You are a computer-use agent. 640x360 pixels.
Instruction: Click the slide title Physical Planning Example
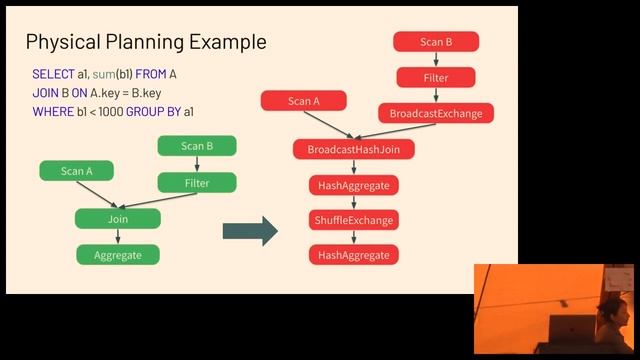pyautogui.click(x=146, y=42)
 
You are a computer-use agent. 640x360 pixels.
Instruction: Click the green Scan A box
pyautogui.click(x=77, y=171)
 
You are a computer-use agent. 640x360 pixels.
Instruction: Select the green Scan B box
pyautogui.click(x=197, y=146)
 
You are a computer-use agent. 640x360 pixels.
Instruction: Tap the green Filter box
pyautogui.click(x=197, y=183)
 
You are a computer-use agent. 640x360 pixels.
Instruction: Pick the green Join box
pyautogui.click(x=118, y=218)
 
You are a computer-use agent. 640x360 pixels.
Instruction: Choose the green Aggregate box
pyautogui.click(x=118, y=255)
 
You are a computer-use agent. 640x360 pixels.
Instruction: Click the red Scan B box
pyautogui.click(x=436, y=42)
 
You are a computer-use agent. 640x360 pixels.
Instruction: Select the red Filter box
pyautogui.click(x=436, y=77)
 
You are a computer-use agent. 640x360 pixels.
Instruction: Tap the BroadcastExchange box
pyautogui.click(x=436, y=113)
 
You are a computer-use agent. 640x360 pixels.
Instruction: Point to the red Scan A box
pyautogui.click(x=304, y=101)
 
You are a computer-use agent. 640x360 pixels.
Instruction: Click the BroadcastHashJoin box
pyautogui.click(x=354, y=149)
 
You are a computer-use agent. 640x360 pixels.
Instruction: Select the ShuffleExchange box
pyautogui.click(x=354, y=220)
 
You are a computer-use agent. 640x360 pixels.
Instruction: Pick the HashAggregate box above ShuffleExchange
pyautogui.click(x=354, y=185)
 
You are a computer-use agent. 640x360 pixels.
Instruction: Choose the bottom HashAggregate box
pyautogui.click(x=354, y=255)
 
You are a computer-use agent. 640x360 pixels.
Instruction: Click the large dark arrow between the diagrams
pyautogui.click(x=249, y=231)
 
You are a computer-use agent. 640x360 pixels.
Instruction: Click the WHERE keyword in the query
pyautogui.click(x=53, y=111)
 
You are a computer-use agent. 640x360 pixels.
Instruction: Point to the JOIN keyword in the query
pyautogui.click(x=46, y=93)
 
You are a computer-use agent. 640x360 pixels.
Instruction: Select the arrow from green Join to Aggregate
pyautogui.click(x=118, y=236)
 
